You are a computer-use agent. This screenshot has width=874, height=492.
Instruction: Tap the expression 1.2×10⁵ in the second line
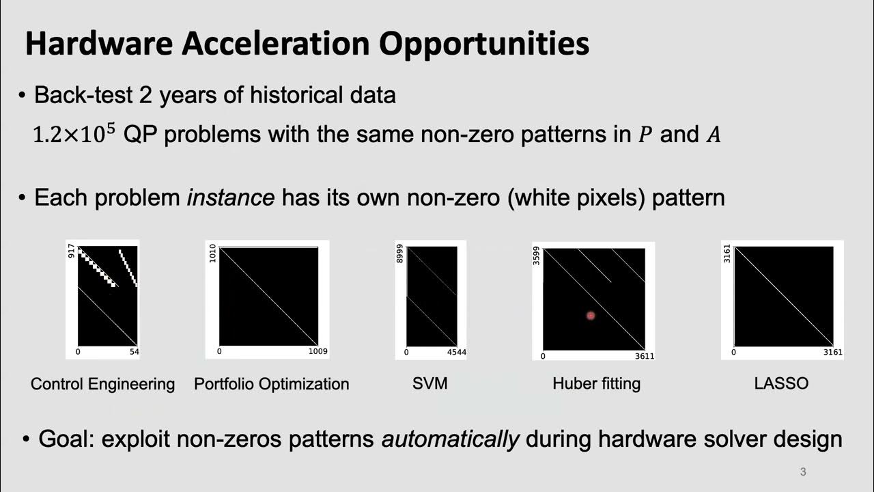(76, 134)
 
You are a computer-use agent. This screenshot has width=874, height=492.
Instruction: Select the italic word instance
(231, 198)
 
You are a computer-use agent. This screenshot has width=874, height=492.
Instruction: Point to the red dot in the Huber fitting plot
(591, 315)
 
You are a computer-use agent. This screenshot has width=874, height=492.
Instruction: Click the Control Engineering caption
(102, 384)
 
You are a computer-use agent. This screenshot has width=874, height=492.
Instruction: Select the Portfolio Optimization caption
(271, 384)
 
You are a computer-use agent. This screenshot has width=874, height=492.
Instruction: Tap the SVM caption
(430, 383)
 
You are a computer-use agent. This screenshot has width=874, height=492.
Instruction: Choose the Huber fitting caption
(596, 383)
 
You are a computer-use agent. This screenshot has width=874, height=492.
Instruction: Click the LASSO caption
(781, 383)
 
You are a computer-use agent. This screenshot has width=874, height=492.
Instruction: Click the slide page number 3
(803, 471)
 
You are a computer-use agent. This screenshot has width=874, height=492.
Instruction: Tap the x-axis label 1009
(317, 352)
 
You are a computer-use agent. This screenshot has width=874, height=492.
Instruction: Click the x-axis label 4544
(455, 353)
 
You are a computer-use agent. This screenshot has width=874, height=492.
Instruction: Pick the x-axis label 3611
(643, 356)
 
